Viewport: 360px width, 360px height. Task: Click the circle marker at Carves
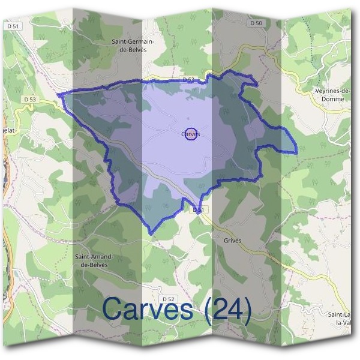191,135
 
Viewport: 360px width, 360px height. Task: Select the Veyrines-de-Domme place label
332,94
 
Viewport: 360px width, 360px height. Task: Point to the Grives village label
232,240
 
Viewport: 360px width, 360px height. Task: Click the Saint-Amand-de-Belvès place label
94,260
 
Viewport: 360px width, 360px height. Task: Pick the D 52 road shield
168,299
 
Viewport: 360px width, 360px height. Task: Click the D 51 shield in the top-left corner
15,26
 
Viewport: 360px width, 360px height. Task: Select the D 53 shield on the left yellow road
31,99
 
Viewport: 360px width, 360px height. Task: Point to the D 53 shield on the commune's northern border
188,79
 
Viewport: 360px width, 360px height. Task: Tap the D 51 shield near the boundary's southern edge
199,210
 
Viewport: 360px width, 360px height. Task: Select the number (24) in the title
226,309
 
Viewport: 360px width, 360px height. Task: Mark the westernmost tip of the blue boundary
58,94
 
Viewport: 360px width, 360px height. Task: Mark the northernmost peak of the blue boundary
230,71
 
